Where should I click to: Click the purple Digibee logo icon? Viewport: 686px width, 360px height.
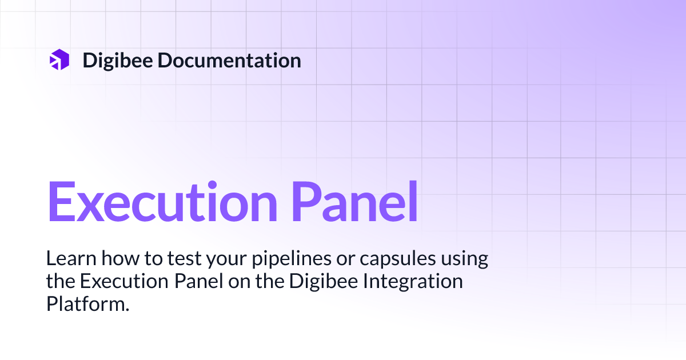click(x=59, y=60)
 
